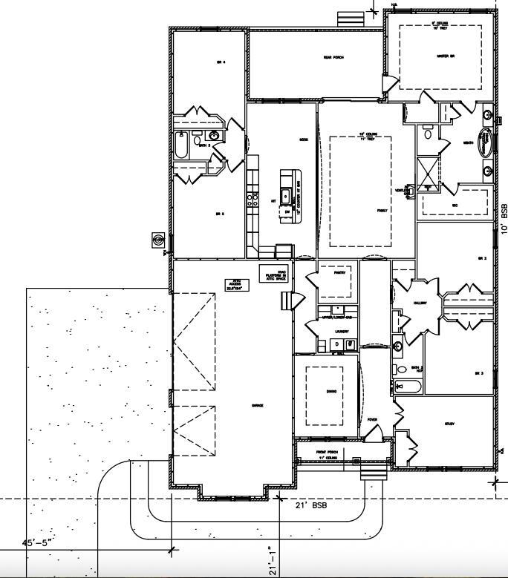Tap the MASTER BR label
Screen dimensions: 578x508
(446, 56)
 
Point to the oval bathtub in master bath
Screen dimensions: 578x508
(485, 142)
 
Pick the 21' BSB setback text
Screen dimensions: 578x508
(306, 505)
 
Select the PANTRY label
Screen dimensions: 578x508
(339, 272)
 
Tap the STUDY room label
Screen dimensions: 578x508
(449, 424)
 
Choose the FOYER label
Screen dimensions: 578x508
(372, 419)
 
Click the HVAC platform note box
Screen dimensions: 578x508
(273, 274)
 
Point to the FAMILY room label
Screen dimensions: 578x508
(382, 211)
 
